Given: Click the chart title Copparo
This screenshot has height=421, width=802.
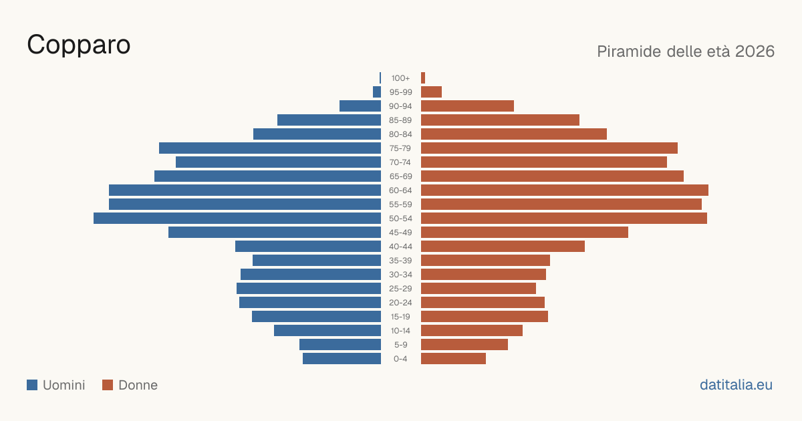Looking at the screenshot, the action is pyautogui.click(x=78, y=45).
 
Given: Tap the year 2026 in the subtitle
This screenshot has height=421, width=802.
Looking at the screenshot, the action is pyautogui.click(x=755, y=51).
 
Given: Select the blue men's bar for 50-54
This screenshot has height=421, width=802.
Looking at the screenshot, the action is pyautogui.click(x=237, y=219).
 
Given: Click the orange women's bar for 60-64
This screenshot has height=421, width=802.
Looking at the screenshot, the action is pyautogui.click(x=565, y=190).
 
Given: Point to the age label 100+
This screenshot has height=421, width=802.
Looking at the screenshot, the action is pyautogui.click(x=400, y=78).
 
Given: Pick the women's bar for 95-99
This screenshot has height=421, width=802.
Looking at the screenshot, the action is pyautogui.click(x=432, y=92).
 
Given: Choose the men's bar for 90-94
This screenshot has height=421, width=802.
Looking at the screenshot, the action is pyautogui.click(x=360, y=106).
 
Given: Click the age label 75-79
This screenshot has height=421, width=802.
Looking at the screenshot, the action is pyautogui.click(x=400, y=148).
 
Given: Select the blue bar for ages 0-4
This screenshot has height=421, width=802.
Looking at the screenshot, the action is pyautogui.click(x=342, y=359).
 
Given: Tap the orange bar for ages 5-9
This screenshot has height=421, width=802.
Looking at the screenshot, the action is pyautogui.click(x=464, y=345).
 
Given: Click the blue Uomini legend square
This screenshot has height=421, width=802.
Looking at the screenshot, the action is pyautogui.click(x=32, y=385).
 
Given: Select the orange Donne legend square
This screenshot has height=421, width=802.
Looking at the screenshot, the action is pyautogui.click(x=108, y=385).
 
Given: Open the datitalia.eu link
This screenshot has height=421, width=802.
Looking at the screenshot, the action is pyautogui.click(x=736, y=385).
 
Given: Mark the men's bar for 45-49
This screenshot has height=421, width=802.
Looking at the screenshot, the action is pyautogui.click(x=275, y=233).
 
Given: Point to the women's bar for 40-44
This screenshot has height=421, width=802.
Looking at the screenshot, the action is pyautogui.click(x=503, y=247).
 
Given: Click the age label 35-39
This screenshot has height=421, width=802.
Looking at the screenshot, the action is pyautogui.click(x=400, y=261).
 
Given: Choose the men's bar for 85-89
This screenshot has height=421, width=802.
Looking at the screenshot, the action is pyautogui.click(x=329, y=120).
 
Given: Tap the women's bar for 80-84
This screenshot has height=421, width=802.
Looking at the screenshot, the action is pyautogui.click(x=514, y=134).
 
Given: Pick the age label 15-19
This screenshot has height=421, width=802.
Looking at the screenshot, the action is pyautogui.click(x=400, y=317).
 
